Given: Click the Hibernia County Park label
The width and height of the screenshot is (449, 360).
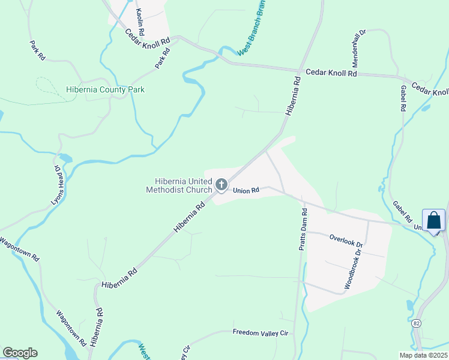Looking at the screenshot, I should pyautogui.click(x=105, y=90).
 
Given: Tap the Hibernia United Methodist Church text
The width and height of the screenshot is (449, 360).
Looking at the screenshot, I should pyautogui.click(x=182, y=185).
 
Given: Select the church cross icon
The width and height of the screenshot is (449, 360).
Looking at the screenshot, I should pyautogui.click(x=221, y=184).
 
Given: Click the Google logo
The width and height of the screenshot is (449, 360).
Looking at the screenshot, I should pyautogui.click(x=19, y=353).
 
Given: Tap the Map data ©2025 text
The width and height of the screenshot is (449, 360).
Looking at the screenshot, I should pyautogui.click(x=422, y=355).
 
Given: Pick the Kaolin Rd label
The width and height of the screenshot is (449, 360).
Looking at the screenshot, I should pyautogui.click(x=140, y=22).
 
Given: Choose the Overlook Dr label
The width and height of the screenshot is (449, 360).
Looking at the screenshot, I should pyautogui.click(x=346, y=241).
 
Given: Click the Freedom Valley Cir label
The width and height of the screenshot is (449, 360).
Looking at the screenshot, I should pyautogui.click(x=261, y=332).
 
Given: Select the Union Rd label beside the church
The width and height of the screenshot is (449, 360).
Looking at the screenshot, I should pyautogui.click(x=246, y=191).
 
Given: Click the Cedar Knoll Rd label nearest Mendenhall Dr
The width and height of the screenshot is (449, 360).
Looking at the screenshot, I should pyautogui.click(x=331, y=73).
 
